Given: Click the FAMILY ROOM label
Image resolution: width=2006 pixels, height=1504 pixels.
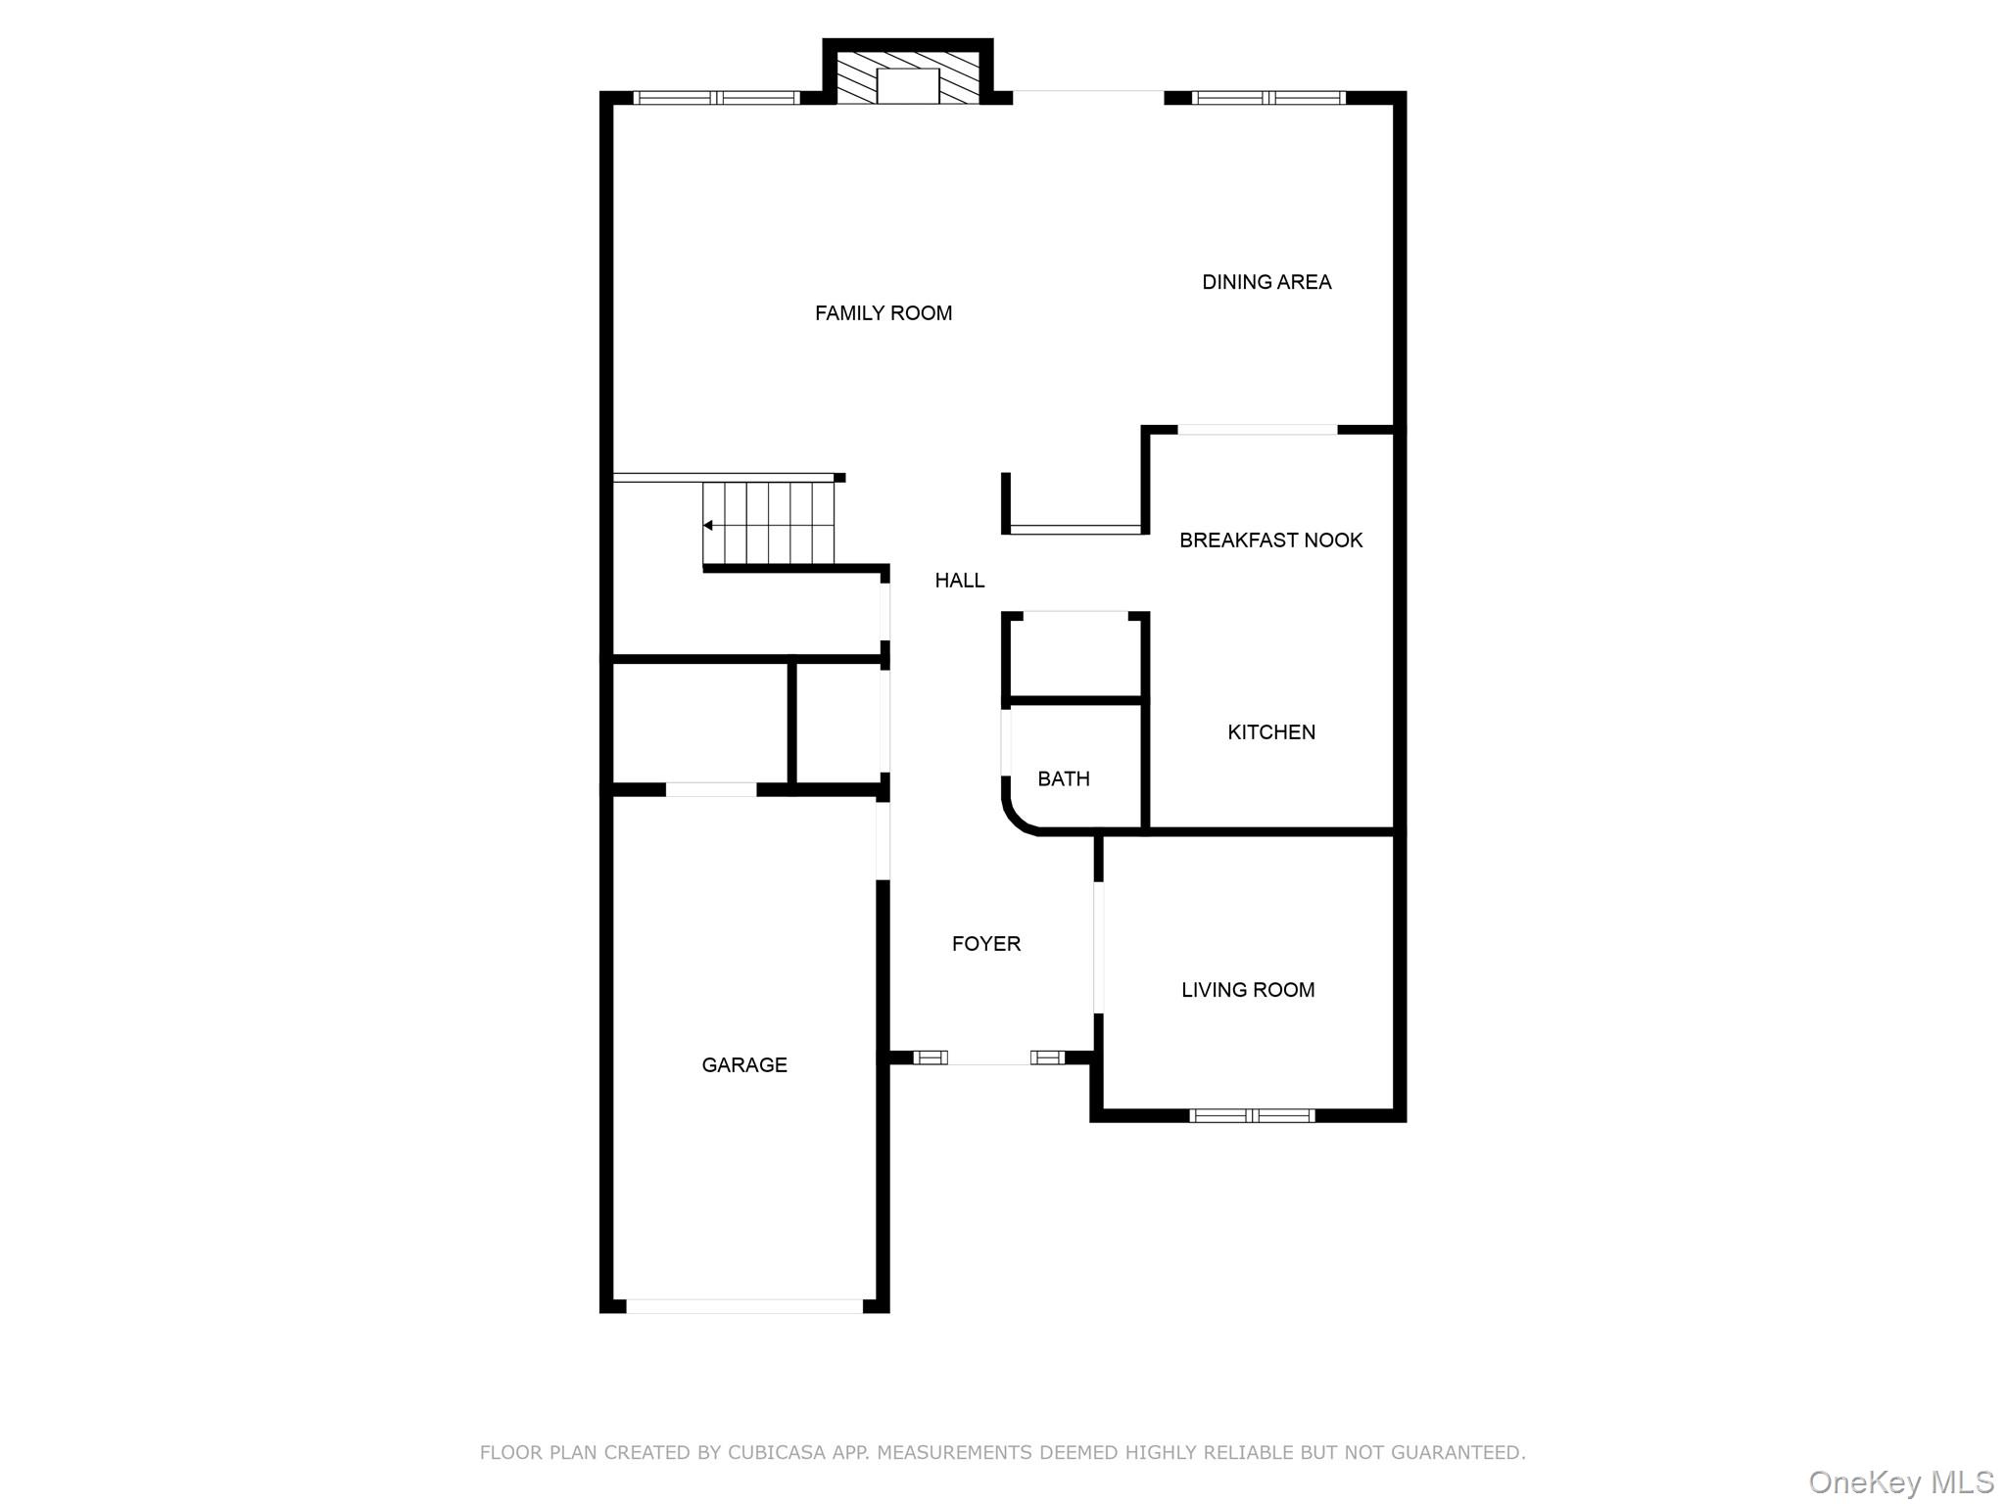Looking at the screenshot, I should pos(883,313).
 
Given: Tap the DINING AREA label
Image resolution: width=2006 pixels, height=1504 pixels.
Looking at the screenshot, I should pos(1266,282).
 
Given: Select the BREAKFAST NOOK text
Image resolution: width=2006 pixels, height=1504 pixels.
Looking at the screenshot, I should pos(1270,540).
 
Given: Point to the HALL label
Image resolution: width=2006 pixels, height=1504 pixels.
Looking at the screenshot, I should pos(959,581).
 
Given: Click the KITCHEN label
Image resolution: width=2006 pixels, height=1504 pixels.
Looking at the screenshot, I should pos(1270,732).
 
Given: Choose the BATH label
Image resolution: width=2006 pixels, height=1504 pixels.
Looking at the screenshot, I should pos(1063,779).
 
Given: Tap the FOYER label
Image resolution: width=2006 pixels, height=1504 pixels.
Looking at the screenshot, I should pos(985,944).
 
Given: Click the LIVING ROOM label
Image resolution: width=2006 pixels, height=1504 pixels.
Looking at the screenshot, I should pos(1247,990).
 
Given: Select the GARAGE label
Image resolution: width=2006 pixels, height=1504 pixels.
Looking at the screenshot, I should pos(743,1065).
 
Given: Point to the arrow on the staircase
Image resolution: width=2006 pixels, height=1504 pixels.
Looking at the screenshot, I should pos(708,526).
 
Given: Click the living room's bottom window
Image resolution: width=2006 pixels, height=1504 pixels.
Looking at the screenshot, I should pos(1251,1115).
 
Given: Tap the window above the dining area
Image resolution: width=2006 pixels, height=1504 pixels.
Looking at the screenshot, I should pos(1267,98).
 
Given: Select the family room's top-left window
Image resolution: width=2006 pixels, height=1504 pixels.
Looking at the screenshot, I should pos(716,98).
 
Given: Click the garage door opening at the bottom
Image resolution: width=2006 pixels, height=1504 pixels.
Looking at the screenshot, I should pos(743,1306).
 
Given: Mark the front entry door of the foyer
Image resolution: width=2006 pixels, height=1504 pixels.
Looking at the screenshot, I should pos(988,1058).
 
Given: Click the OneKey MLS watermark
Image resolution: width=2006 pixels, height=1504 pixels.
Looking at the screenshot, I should pos(1900,1482).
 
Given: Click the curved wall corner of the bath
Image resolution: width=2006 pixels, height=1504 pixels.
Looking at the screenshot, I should pos(1016,821).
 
